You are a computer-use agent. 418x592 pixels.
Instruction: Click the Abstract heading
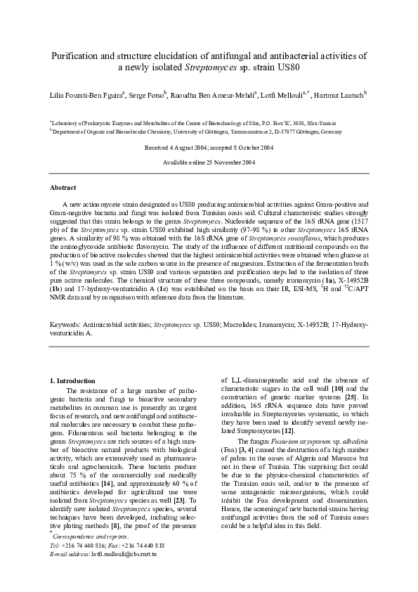[63, 188]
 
